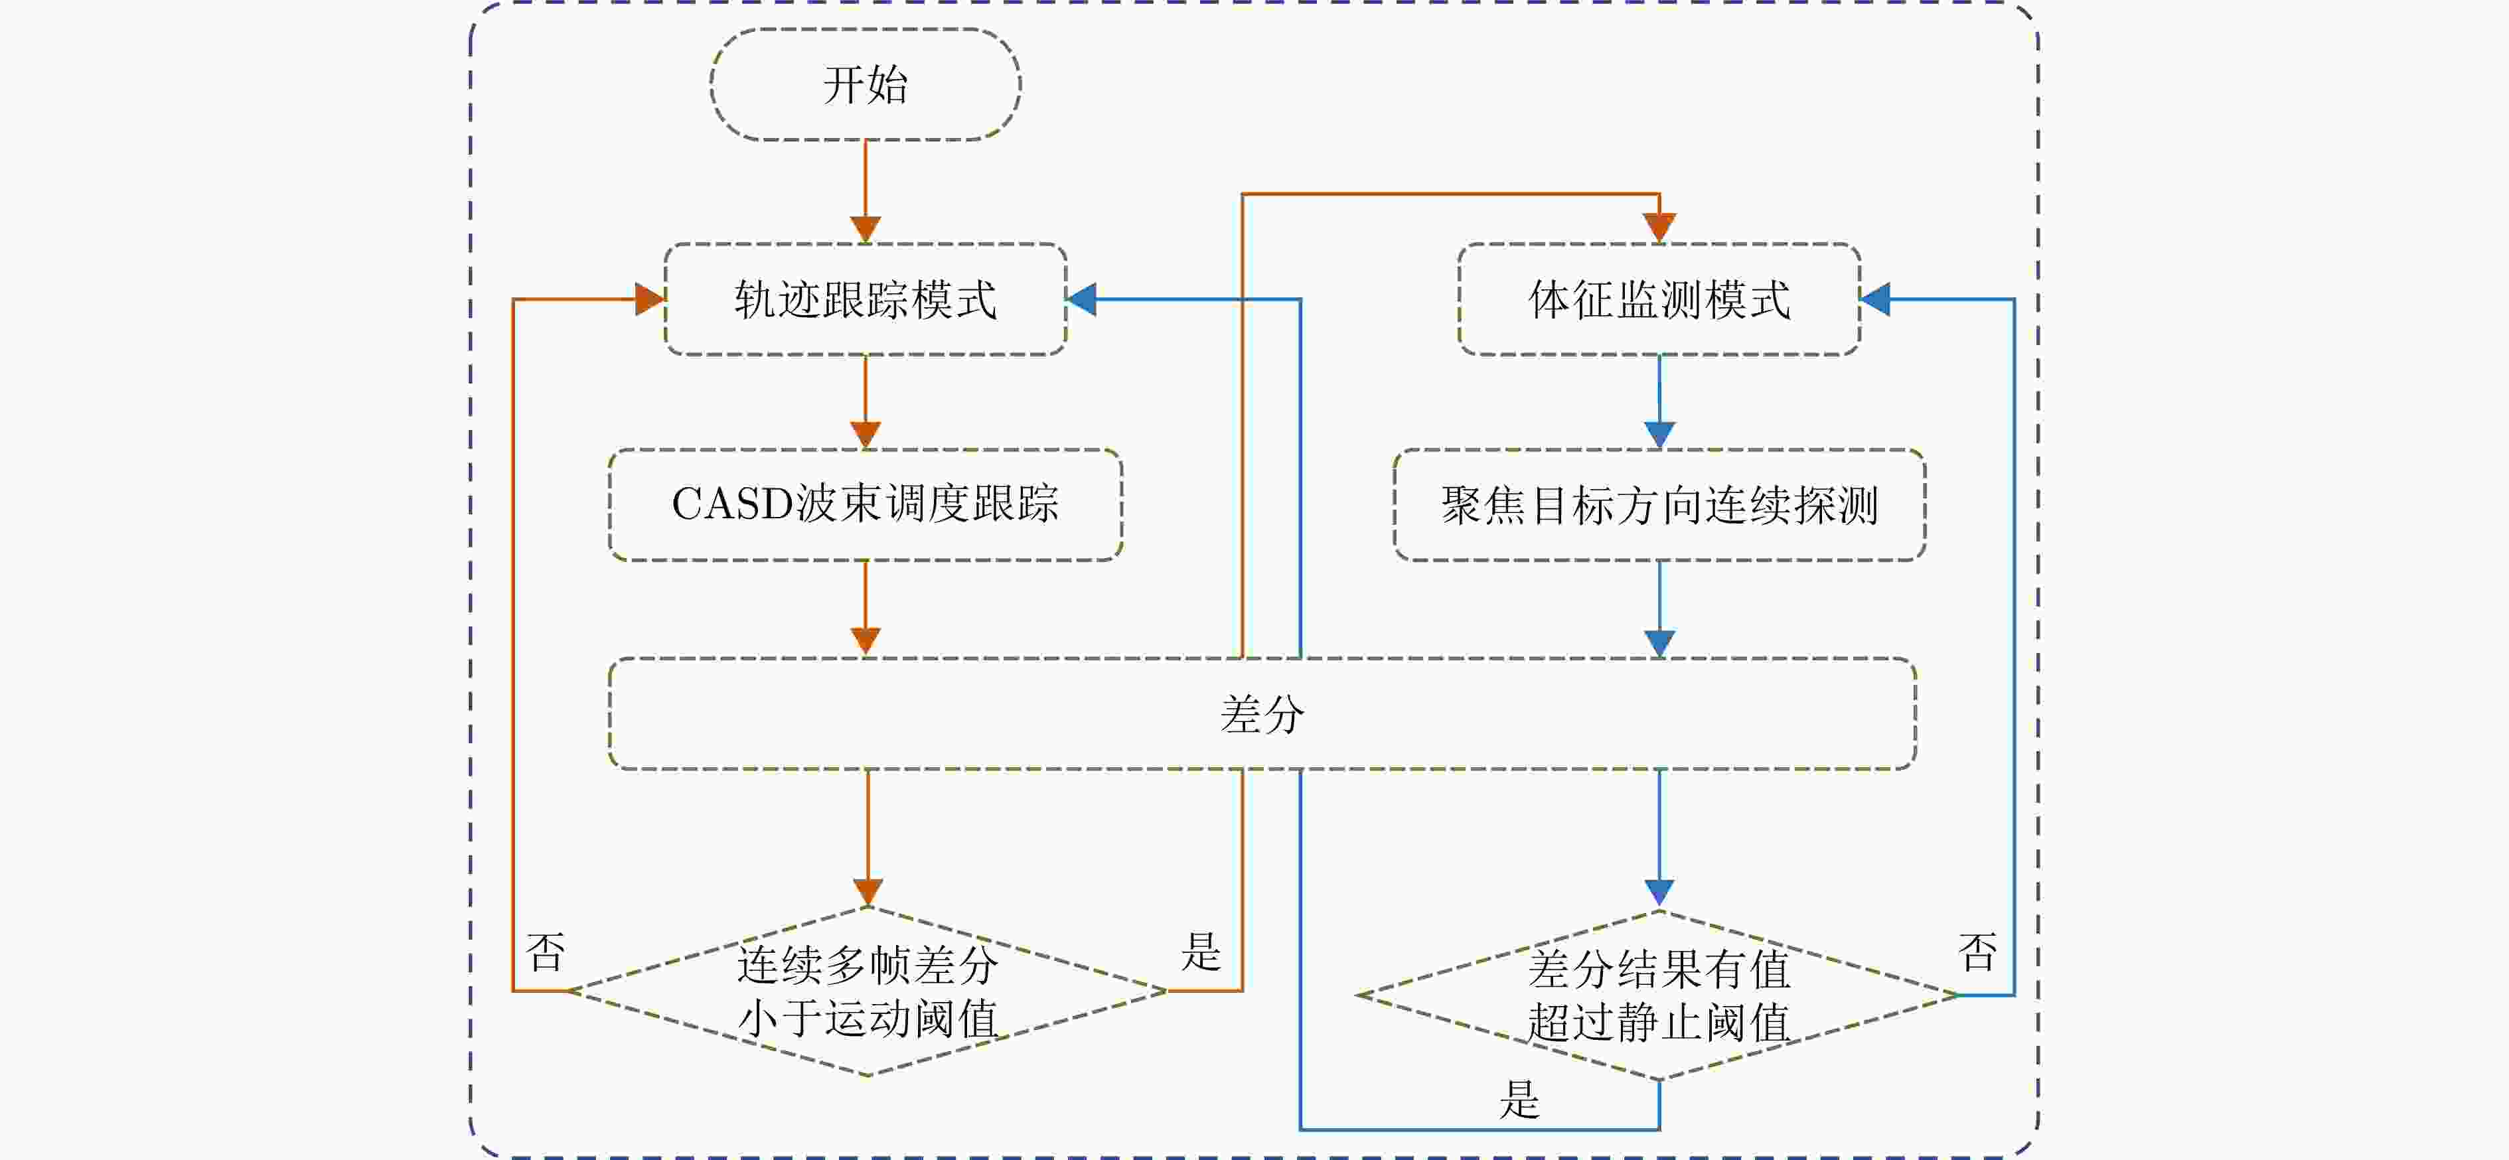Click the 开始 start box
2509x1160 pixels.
[865, 85]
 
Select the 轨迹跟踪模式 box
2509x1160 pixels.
[865, 299]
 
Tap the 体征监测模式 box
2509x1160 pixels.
[1659, 299]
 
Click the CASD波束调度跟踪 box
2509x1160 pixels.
[865, 504]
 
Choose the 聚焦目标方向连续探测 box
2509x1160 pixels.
[1659, 504]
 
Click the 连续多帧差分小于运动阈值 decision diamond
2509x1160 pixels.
[867, 991]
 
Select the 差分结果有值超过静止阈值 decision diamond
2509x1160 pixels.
[1658, 995]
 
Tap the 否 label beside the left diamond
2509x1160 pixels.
[546, 952]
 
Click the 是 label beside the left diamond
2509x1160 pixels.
[1201, 952]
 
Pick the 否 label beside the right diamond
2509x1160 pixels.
[1977, 952]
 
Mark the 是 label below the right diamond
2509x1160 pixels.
[1519, 1100]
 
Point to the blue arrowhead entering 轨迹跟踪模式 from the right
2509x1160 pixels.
[1082, 299]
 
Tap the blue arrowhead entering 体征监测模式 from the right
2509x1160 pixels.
[1876, 299]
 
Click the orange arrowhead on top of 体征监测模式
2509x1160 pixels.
[1659, 228]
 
